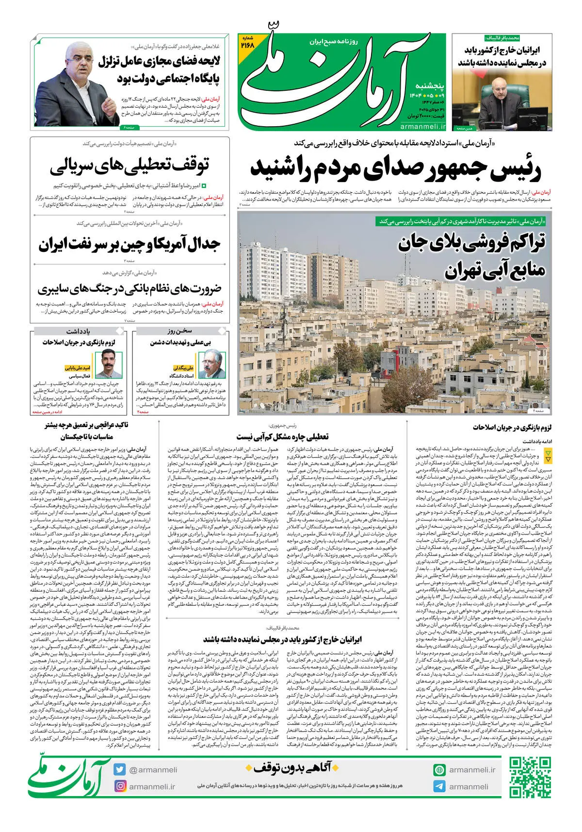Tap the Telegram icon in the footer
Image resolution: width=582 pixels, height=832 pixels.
tap(439, 786)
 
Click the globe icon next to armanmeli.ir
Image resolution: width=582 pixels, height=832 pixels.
tap(439, 770)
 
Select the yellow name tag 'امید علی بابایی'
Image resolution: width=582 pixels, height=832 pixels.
tap(78, 368)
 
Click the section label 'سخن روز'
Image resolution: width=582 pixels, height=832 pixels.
tap(180, 331)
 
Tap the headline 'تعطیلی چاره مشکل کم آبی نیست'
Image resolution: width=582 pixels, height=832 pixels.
tap(282, 436)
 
